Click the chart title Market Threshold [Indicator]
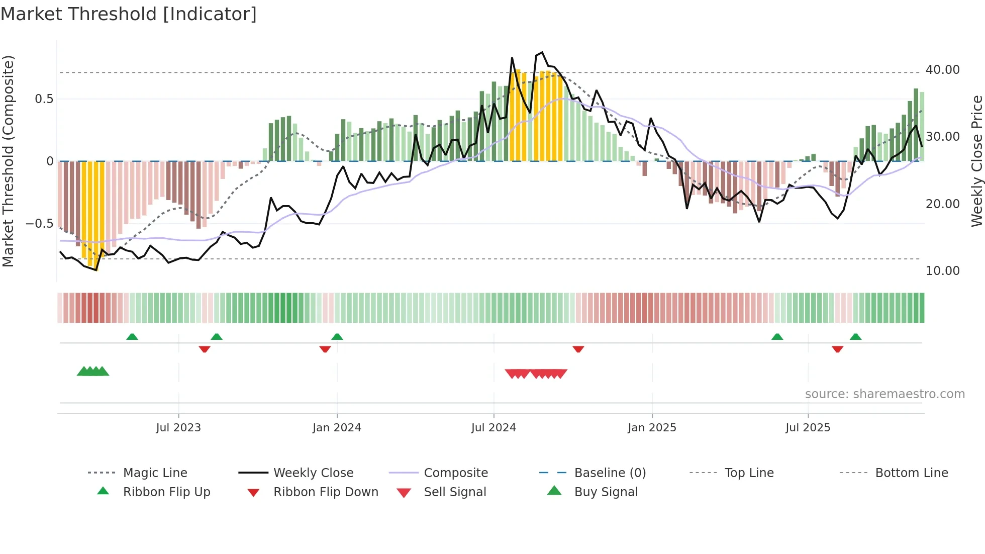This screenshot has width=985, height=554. click(x=129, y=14)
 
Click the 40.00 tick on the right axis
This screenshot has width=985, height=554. click(x=942, y=70)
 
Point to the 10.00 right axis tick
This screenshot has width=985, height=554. click(x=942, y=271)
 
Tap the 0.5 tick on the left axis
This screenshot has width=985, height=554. click(x=44, y=99)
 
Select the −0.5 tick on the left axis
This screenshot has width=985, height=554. click(x=39, y=224)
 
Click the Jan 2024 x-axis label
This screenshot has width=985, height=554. click(x=337, y=428)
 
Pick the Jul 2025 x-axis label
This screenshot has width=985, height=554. click(x=808, y=428)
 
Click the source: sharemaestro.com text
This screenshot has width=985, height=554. click(x=884, y=394)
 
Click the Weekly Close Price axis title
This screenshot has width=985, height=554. click(x=976, y=161)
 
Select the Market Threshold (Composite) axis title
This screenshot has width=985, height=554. click(x=8, y=161)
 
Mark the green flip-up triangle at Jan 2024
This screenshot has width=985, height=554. click(x=337, y=337)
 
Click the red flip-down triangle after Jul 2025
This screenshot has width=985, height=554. click(x=837, y=349)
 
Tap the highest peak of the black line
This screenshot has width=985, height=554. click(x=542, y=52)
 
